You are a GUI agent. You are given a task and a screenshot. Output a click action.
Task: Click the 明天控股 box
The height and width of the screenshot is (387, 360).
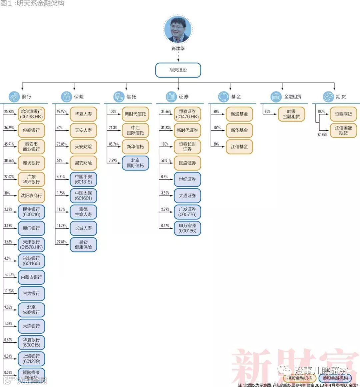(178, 70)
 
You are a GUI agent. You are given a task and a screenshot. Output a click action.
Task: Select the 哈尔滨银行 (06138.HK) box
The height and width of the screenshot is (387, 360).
(31, 114)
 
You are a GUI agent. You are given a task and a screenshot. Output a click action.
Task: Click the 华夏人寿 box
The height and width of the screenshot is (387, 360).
(83, 114)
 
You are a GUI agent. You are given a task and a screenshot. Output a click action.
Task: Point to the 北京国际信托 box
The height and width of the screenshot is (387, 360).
(135, 163)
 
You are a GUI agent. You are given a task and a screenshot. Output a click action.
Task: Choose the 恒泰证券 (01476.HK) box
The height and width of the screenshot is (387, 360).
(187, 114)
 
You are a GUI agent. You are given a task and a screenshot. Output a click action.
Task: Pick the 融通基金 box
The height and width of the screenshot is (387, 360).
(239, 114)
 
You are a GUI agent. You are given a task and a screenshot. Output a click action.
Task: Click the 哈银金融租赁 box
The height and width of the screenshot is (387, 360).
(291, 114)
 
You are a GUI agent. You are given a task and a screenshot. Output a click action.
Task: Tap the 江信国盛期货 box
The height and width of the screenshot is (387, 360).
(343, 130)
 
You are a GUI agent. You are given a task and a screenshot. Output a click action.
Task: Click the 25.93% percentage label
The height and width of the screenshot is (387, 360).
(9, 112)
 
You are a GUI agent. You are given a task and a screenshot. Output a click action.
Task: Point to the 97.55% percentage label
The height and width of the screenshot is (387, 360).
(322, 135)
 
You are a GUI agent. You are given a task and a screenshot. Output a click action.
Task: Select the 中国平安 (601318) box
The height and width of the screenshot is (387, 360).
(83, 179)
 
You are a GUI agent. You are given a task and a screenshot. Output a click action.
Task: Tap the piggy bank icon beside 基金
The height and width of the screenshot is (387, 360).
(223, 97)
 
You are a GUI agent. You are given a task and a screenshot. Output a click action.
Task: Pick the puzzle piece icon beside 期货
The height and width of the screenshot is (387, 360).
(328, 97)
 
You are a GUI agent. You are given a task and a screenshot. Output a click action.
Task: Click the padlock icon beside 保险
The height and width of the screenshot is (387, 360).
(66, 97)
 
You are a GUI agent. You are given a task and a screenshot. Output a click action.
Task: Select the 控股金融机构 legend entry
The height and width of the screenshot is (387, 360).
(300, 378)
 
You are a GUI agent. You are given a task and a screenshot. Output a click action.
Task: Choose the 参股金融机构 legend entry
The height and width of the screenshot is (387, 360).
(335, 378)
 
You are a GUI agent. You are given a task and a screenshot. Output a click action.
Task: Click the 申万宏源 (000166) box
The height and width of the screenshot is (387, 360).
(187, 228)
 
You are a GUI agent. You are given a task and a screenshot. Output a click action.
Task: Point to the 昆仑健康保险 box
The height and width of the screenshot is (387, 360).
(83, 244)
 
